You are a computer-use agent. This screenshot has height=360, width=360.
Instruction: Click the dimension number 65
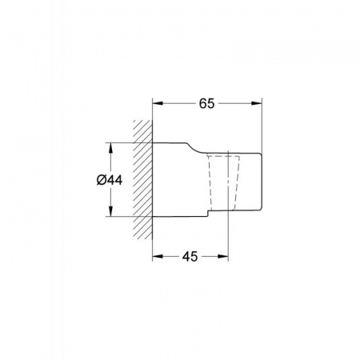206,103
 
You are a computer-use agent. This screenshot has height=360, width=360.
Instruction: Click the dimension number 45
190,257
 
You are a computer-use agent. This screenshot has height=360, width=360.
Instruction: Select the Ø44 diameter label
110,180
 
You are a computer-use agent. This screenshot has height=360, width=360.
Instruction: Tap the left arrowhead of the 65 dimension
158,103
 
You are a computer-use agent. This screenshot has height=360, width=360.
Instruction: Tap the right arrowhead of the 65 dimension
257,103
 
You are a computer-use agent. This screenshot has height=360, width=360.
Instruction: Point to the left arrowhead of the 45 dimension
158,256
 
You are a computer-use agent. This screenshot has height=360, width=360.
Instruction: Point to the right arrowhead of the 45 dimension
223,256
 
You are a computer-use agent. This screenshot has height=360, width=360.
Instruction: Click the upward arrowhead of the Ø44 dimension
110,148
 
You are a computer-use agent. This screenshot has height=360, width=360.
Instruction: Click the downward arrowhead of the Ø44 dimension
110,210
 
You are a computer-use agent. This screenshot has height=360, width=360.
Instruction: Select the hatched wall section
142,179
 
